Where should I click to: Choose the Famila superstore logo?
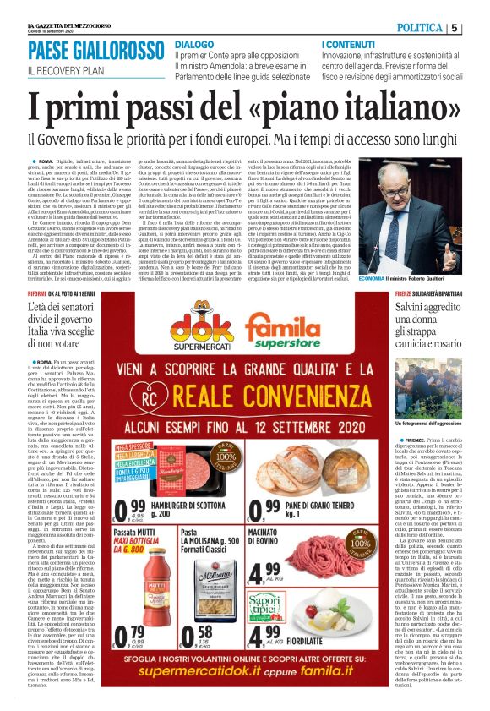pyautogui.click(x=317, y=332)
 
